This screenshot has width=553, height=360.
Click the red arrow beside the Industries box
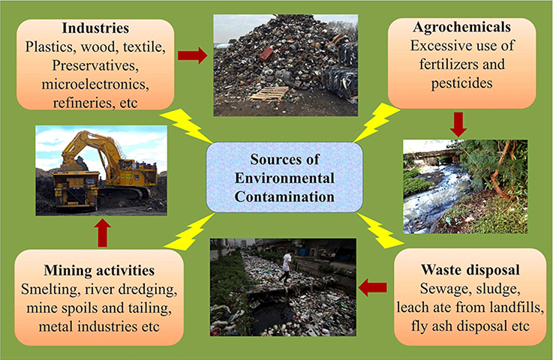click(192, 55)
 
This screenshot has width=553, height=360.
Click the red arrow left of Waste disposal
click(372, 286)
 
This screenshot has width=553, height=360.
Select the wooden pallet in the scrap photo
click(269, 94)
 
